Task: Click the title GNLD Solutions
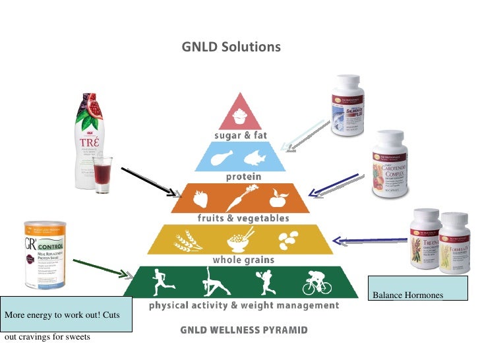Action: coord(231,47)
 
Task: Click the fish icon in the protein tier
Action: coord(256,157)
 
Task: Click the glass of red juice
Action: coord(102,175)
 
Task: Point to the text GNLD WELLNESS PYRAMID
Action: coord(244,330)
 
